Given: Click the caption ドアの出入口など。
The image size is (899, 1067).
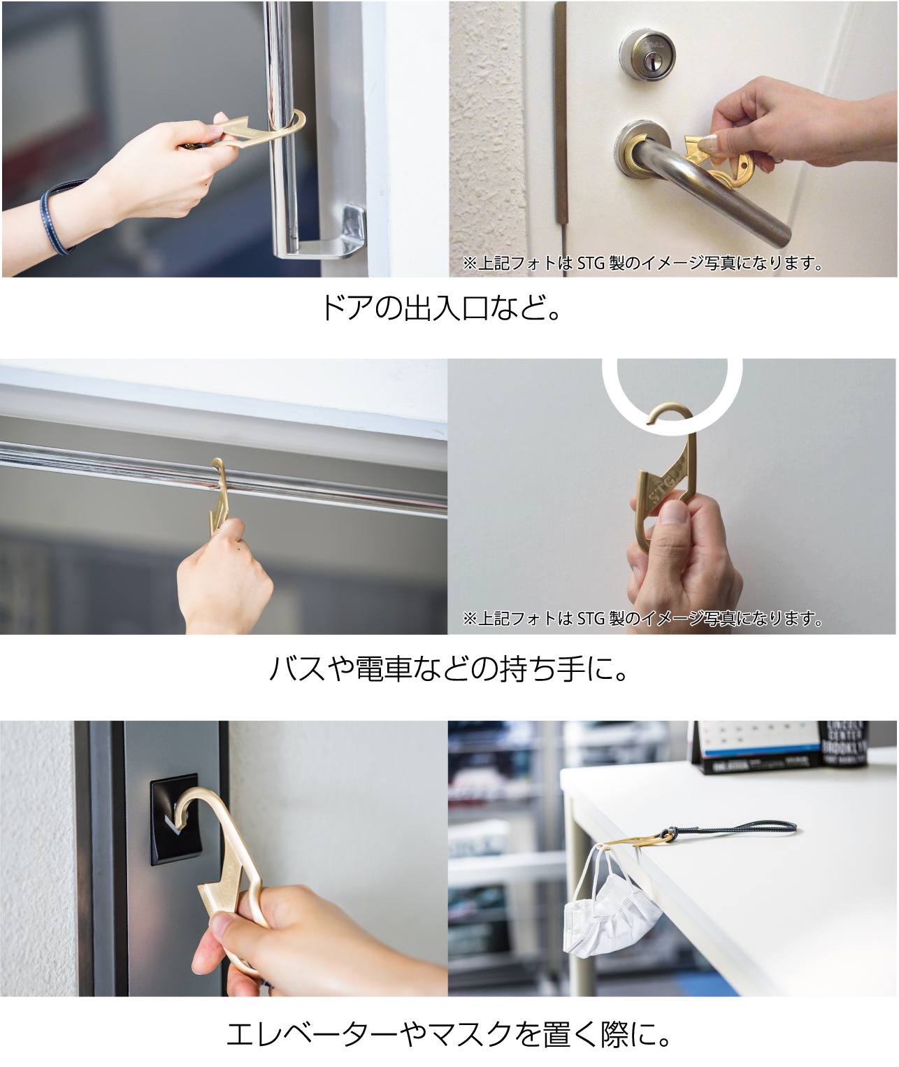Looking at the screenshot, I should pos(441,308).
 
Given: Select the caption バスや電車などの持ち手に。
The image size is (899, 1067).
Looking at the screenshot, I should pos(449,669).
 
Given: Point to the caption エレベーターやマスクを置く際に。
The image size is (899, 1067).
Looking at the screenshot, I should pos(449,1034).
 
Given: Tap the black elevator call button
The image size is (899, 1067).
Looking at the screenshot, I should pos(175,818).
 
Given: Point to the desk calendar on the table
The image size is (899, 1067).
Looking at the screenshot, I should pos(755,748).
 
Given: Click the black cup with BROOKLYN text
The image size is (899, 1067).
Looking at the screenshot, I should pos(846,745).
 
